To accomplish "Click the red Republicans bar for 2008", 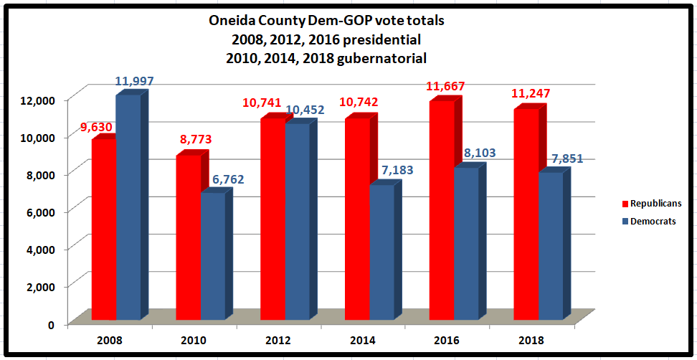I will tap(103, 229).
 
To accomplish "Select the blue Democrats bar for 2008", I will tap(128, 208).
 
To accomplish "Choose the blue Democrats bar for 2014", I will tap(381, 252).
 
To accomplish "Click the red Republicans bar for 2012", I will tap(272, 219).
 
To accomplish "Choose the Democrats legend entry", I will tap(654, 222).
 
